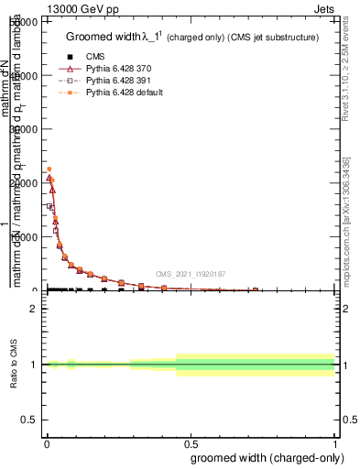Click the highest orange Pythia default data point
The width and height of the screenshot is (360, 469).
point(49,169)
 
